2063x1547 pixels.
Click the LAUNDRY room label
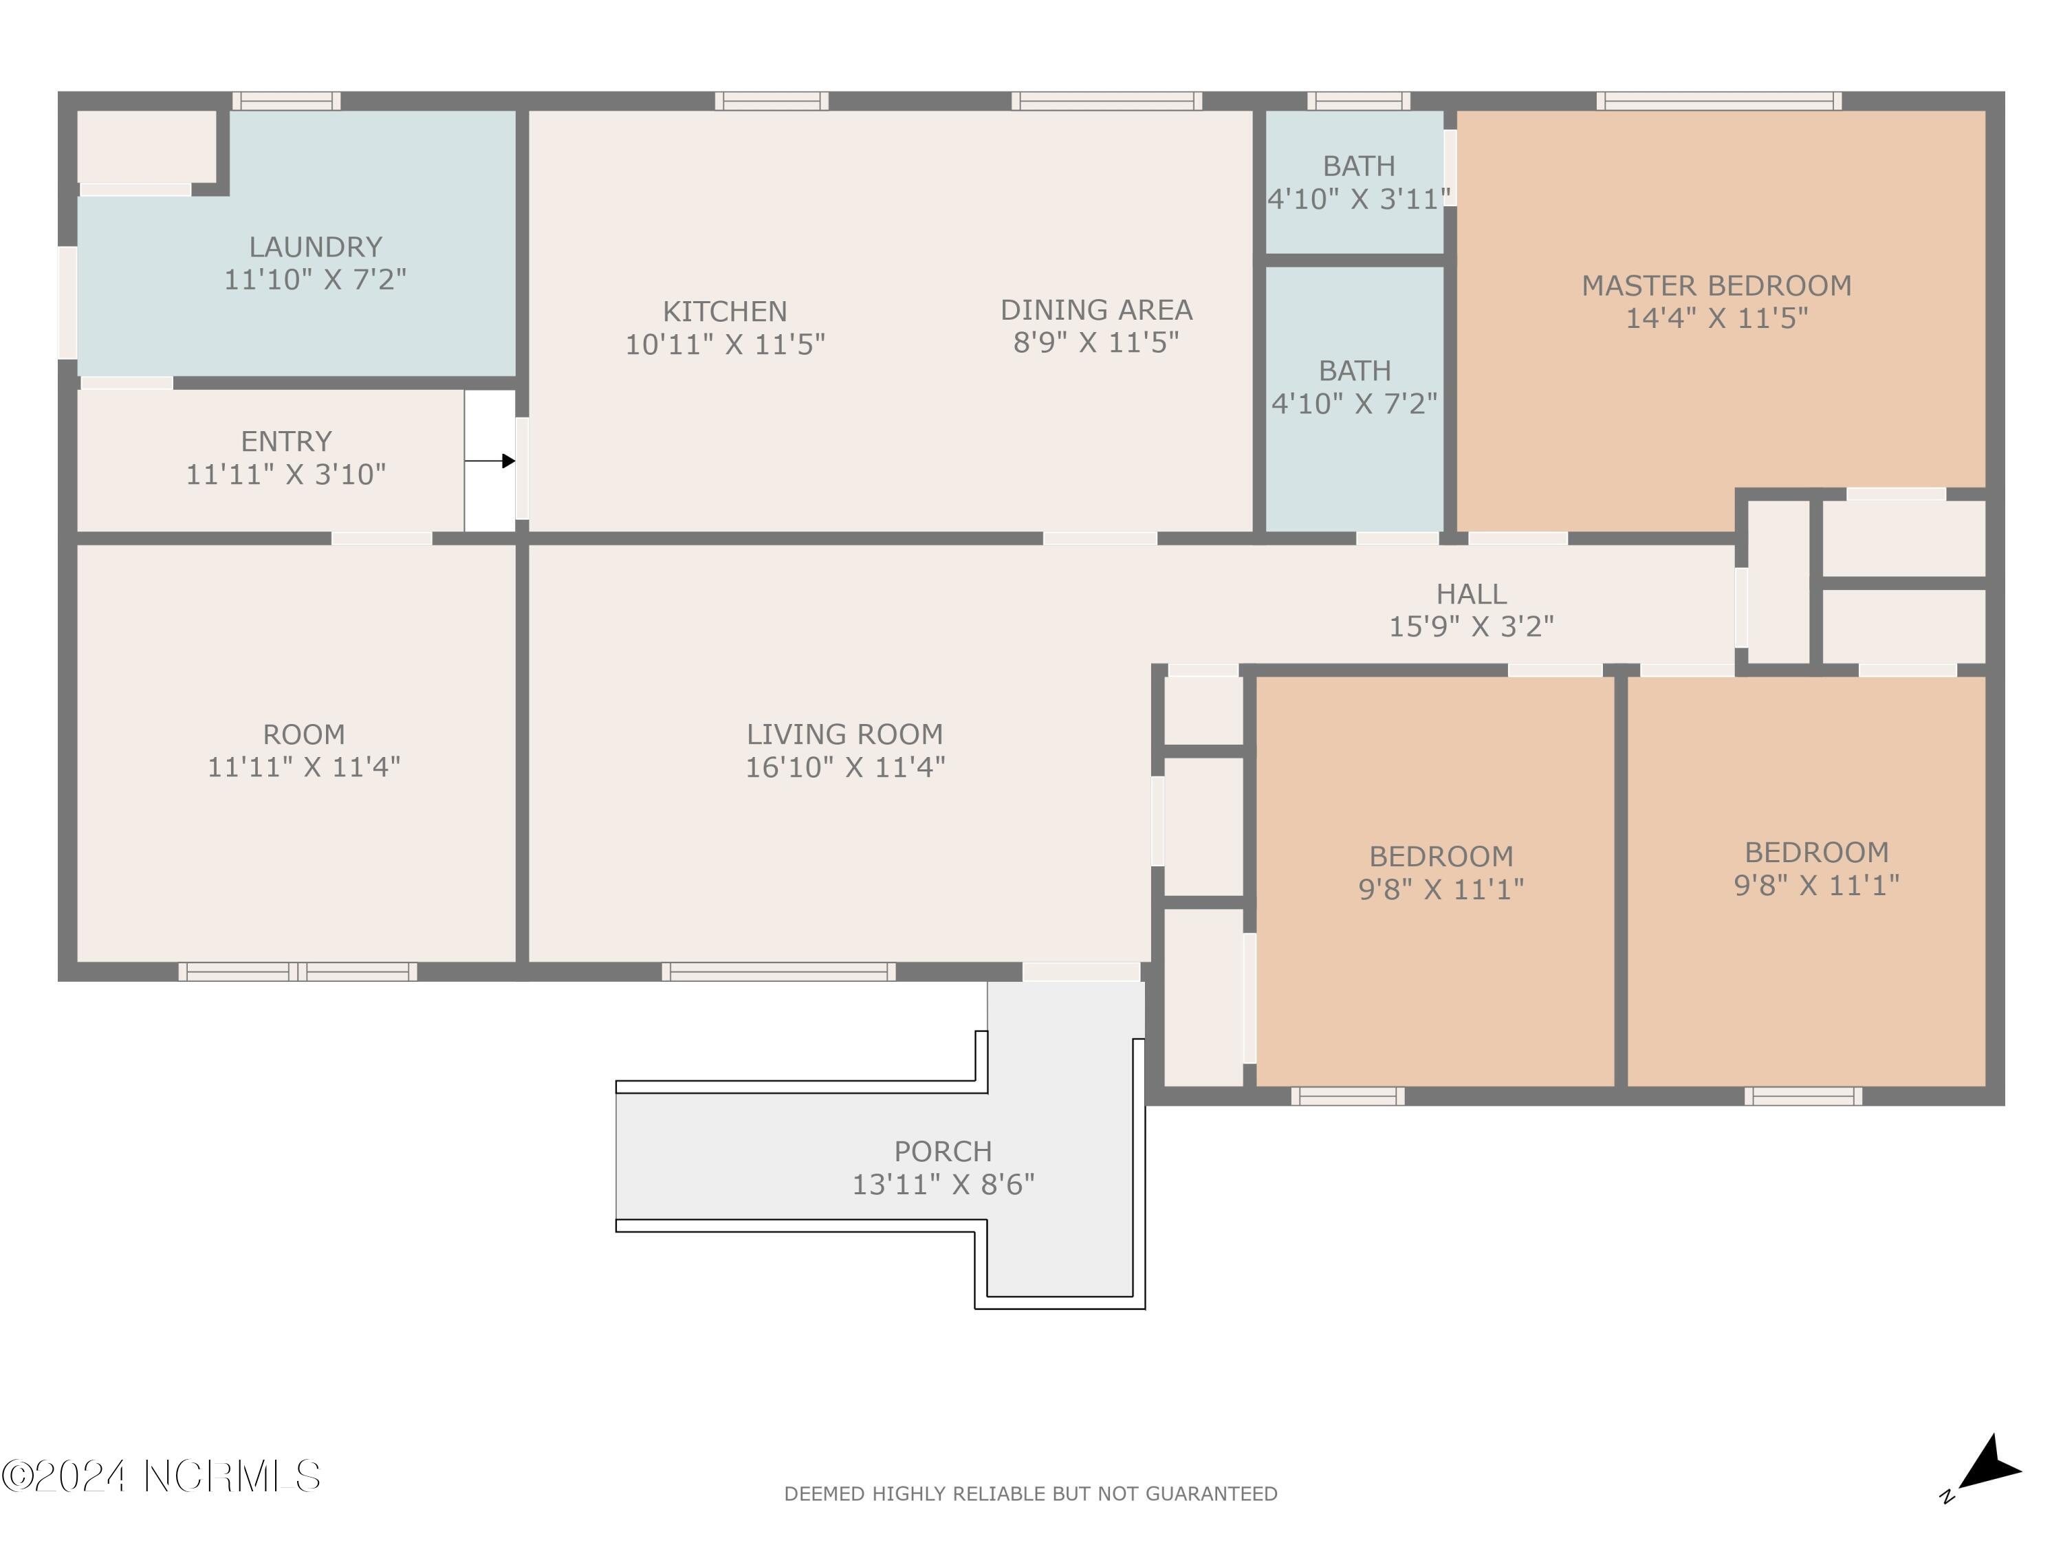[315, 247]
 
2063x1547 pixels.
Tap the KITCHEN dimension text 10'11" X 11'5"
[725, 344]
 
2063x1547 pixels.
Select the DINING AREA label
[1096, 309]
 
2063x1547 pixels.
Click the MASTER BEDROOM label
[1716, 285]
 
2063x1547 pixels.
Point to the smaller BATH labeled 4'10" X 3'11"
[1358, 182]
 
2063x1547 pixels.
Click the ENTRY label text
[286, 441]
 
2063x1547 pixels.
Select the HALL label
[1471, 594]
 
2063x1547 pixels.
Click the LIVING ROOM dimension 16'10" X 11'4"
[845, 767]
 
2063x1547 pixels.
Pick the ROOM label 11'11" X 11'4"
[303, 751]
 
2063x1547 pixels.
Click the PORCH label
[943, 1152]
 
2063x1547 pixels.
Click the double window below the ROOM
[298, 972]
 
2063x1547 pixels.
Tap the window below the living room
[778, 972]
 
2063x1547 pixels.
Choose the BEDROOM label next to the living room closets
[1440, 856]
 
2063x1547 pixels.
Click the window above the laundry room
[286, 100]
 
